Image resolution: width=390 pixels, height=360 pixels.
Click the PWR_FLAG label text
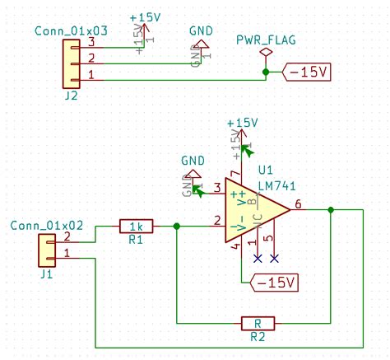(265, 40)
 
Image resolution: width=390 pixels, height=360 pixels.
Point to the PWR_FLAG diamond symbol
(265, 53)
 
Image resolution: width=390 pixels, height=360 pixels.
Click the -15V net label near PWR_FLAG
(307, 72)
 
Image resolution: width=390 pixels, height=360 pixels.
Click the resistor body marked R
(257, 323)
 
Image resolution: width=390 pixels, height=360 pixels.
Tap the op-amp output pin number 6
(297, 203)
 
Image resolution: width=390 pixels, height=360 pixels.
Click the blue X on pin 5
(274, 258)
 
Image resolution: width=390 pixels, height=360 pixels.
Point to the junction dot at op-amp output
(330, 210)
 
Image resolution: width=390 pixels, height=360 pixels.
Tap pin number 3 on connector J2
(91, 41)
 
